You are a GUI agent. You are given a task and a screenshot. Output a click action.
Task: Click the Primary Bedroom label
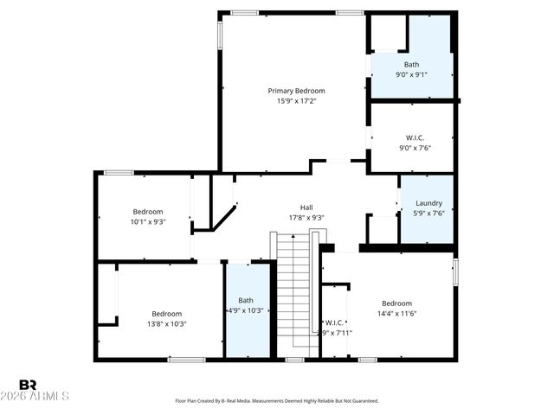point(296,91)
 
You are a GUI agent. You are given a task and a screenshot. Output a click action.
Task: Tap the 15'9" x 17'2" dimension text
point(296,101)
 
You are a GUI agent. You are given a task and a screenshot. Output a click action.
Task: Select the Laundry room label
point(428,203)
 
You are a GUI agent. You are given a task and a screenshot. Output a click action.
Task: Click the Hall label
point(306,207)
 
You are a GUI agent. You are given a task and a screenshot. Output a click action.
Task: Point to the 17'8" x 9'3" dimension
point(306,218)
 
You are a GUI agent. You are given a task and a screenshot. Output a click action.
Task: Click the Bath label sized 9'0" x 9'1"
point(412,64)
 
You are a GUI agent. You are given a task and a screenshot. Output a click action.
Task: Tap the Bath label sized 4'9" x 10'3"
point(246,300)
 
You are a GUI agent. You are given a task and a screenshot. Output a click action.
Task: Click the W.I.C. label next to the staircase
point(335,322)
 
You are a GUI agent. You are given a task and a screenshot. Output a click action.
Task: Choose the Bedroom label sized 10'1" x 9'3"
point(148,211)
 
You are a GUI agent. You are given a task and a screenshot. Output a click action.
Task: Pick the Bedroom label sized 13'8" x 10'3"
point(167,313)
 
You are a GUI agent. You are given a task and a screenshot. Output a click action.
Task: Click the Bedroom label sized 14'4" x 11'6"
point(397,303)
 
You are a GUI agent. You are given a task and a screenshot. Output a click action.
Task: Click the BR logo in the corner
point(28,384)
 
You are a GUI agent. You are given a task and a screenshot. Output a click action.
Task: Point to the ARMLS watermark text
point(44,396)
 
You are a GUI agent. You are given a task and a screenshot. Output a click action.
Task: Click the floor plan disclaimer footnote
point(277,401)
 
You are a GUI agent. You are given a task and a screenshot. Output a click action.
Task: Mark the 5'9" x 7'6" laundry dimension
point(428,214)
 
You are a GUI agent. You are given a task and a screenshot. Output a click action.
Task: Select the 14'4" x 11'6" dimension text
point(397,313)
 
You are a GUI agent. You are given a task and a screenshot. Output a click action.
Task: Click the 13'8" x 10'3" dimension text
point(167,323)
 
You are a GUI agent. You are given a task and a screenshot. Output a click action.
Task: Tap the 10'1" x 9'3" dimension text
point(148,221)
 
